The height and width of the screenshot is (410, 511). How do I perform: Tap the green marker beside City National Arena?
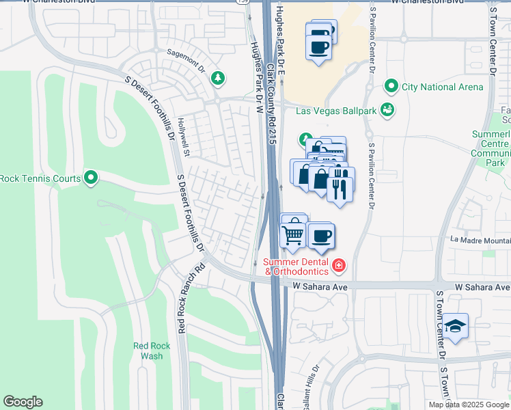[391, 87]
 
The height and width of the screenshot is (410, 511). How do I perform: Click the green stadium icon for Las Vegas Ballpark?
[387, 109]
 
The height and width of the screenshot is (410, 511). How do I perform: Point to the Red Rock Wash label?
[148, 351]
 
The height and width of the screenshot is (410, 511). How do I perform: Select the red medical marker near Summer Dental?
[337, 265]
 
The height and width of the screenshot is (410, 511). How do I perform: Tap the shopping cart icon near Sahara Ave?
[293, 234]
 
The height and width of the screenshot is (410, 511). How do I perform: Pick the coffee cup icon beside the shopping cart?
[321, 236]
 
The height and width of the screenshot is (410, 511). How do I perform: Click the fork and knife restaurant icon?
[340, 184]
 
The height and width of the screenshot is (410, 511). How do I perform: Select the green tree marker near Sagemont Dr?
[217, 78]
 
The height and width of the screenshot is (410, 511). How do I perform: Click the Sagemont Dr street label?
[186, 61]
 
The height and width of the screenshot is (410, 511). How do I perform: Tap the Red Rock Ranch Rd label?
[192, 299]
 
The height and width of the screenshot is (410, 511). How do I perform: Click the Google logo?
[23, 402]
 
